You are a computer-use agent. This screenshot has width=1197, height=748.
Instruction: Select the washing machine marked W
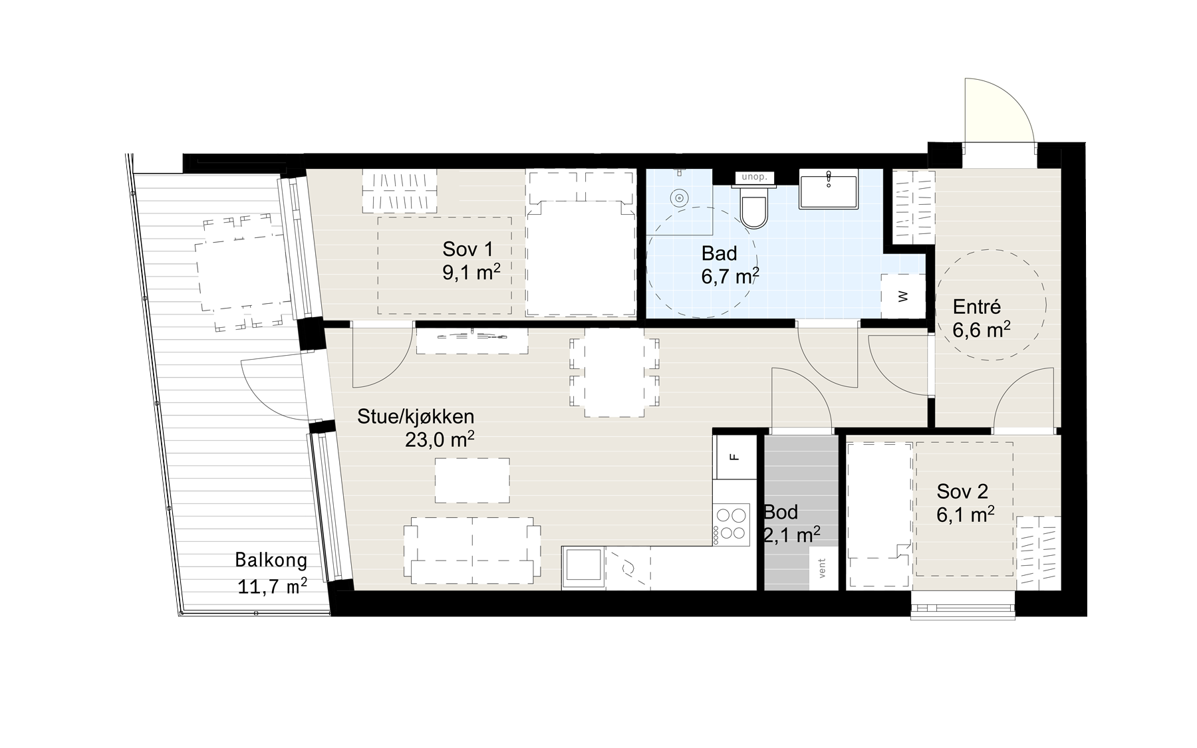click(902, 296)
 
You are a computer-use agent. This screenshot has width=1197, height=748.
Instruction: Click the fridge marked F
click(735, 457)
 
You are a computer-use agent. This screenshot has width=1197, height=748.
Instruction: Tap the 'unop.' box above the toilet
click(754, 177)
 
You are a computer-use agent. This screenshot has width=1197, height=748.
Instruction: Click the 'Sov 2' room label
click(962, 492)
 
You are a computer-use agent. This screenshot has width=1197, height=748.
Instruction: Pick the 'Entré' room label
click(977, 307)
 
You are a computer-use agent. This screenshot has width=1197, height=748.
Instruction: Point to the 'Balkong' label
click(271, 560)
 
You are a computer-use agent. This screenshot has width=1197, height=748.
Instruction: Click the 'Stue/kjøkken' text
click(416, 417)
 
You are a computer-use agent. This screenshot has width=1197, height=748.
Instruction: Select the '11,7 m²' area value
click(272, 586)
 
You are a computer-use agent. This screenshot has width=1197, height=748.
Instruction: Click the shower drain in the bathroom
click(679, 198)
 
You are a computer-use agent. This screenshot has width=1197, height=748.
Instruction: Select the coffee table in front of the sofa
click(472, 480)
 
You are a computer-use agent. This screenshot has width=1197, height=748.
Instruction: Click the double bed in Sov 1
click(579, 243)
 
